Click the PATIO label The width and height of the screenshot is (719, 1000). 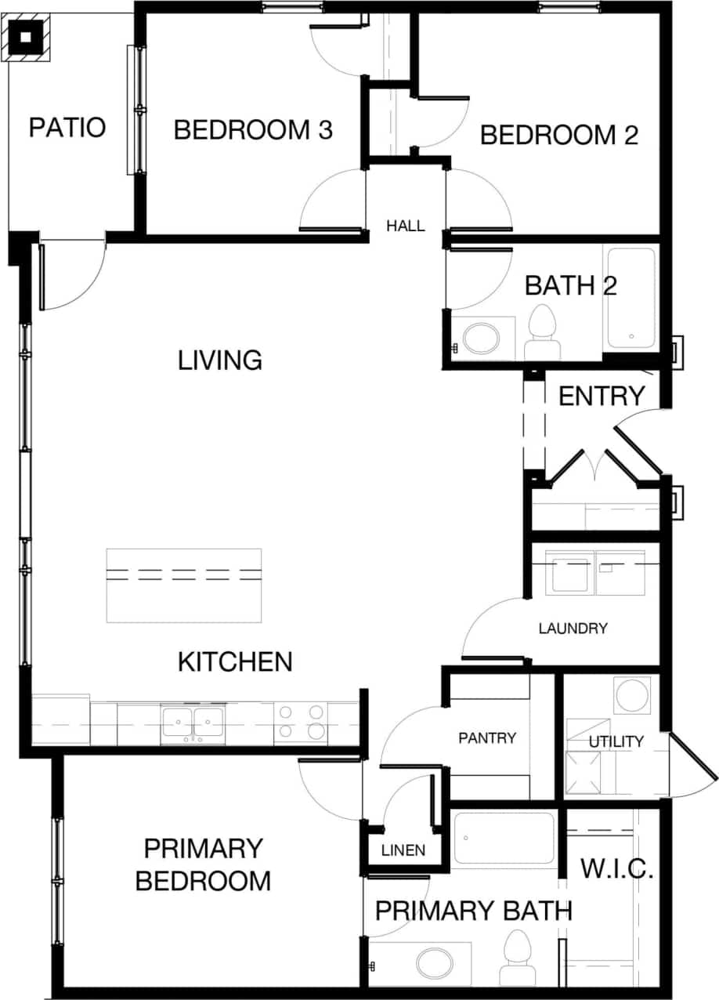pos(67,127)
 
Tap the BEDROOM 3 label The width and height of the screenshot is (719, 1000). pos(253,129)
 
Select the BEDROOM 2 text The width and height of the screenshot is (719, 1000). pos(558,135)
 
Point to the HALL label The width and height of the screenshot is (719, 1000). pos(406,226)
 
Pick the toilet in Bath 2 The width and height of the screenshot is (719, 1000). pos(542,332)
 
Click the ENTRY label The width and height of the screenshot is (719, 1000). pos(602,397)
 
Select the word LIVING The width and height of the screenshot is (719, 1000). pos(219,361)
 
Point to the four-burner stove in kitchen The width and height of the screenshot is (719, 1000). pos(302,722)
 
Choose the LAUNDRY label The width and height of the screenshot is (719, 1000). pos(573,628)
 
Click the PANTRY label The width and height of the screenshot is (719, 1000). pos(487,737)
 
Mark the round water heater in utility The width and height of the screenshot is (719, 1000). pos(631,694)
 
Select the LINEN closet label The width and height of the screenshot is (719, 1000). pos(403,850)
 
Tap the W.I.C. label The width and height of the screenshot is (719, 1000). pos(616,868)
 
